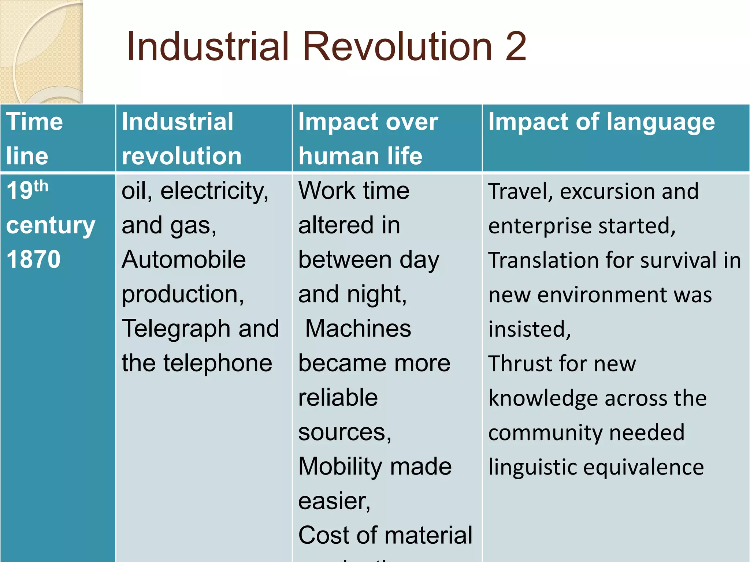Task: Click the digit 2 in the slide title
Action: click(x=516, y=47)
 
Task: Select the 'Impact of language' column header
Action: click(x=601, y=122)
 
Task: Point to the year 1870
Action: click(x=33, y=259)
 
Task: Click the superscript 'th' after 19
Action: click(x=41, y=186)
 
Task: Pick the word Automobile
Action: click(x=183, y=260)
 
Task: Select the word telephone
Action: click(x=218, y=363)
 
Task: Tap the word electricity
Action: click(x=214, y=191)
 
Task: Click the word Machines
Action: click(x=358, y=328)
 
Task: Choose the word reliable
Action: click(x=338, y=398)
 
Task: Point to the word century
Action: click(x=51, y=225)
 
